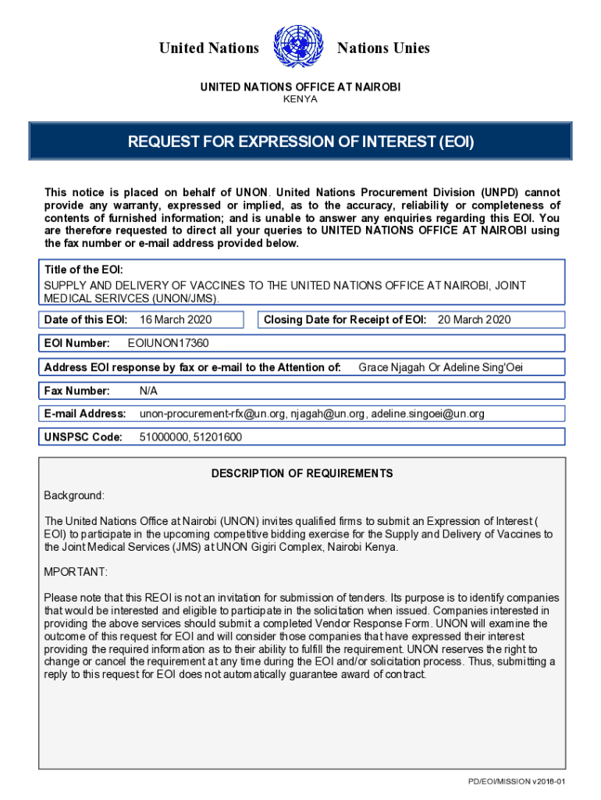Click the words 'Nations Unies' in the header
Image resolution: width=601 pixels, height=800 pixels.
[383, 48]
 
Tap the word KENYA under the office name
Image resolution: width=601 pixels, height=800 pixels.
[300, 99]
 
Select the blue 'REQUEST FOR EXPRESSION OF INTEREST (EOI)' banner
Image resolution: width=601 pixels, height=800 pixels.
[300, 142]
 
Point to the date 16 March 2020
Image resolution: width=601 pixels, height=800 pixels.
[176, 320]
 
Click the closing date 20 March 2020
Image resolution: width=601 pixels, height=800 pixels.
[474, 320]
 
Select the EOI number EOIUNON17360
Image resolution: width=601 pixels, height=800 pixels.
[168, 343]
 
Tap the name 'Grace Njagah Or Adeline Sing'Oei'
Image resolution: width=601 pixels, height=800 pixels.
[440, 367]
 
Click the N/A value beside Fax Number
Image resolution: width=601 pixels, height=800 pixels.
[148, 391]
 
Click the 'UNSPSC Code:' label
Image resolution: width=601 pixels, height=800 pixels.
[84, 437]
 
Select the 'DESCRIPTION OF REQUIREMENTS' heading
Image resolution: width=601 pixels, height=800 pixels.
[302, 473]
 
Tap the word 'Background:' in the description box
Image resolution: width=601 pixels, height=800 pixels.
[74, 495]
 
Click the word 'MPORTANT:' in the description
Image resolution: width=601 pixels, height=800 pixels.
[76, 572]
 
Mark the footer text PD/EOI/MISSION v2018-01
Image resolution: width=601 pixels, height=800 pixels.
[516, 781]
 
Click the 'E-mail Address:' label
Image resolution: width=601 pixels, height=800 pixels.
[85, 414]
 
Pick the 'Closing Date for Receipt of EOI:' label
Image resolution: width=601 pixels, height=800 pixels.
[345, 320]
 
